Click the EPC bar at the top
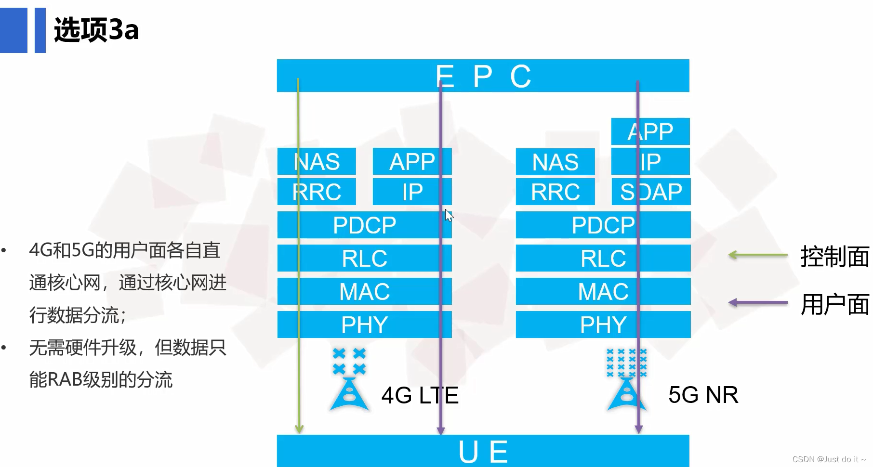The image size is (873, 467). click(x=483, y=76)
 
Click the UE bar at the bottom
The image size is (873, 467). click(x=483, y=451)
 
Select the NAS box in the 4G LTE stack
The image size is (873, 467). click(x=317, y=162)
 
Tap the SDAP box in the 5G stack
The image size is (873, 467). click(x=650, y=192)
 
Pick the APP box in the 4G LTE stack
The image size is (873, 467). click(x=412, y=162)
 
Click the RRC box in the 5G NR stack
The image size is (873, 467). click(x=555, y=192)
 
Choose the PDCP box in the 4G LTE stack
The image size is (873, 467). click(x=364, y=225)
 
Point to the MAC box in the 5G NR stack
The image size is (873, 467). click(x=603, y=291)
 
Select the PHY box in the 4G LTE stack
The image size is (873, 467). click(x=364, y=324)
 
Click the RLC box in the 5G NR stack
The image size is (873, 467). click(x=603, y=258)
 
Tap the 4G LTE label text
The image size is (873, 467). click(x=420, y=395)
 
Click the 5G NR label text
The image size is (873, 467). click(x=703, y=395)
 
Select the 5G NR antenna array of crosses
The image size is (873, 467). click(x=626, y=363)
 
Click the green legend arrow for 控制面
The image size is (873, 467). click(x=757, y=255)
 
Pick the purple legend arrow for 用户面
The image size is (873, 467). click(x=757, y=303)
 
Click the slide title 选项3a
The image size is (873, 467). click(x=96, y=30)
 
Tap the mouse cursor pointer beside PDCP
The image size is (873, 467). click(x=449, y=215)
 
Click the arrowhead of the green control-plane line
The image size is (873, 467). click(x=299, y=428)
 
